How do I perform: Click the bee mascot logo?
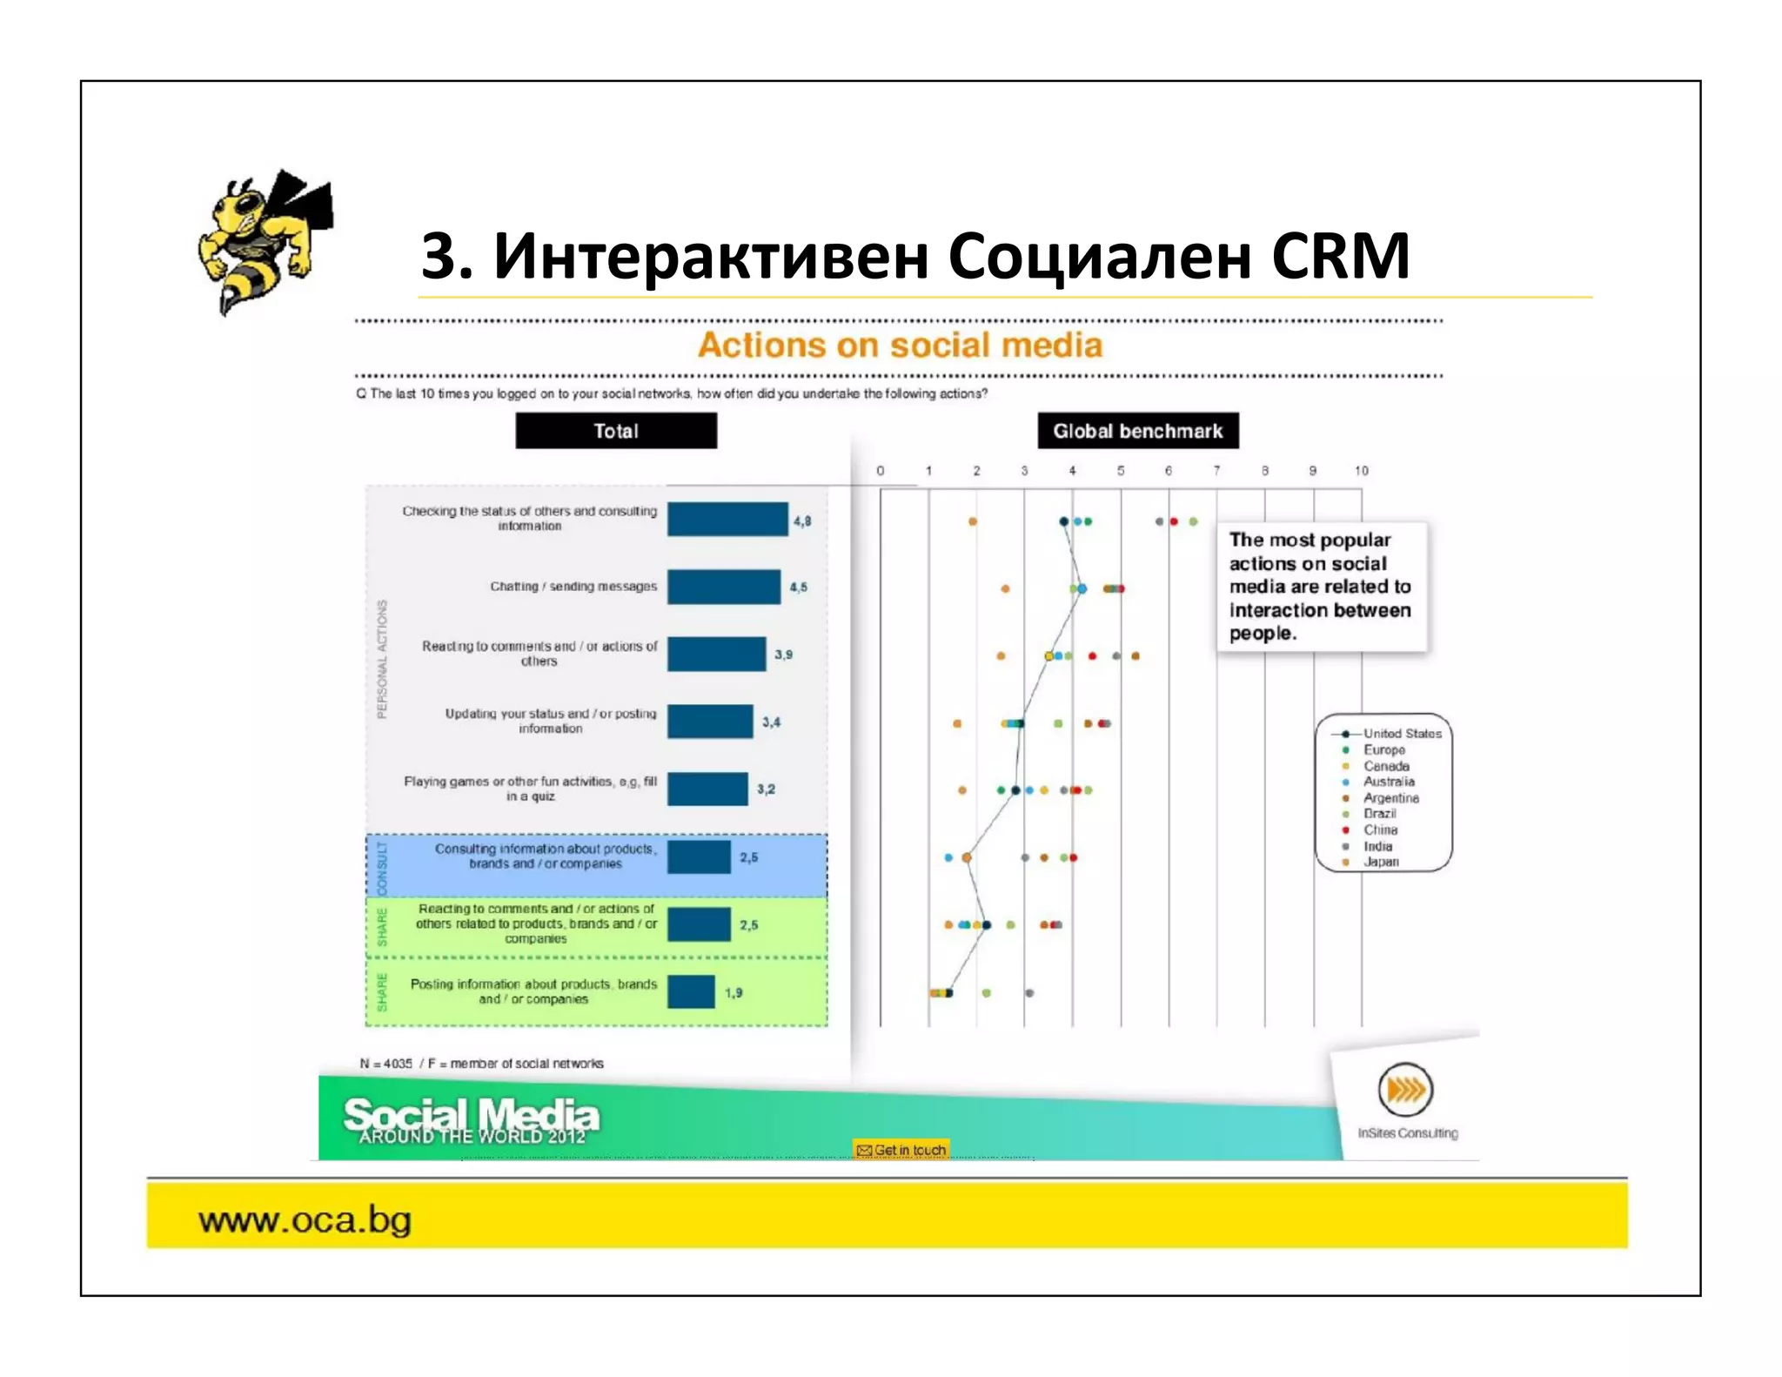coord(264,242)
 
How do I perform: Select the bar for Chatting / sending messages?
coord(723,587)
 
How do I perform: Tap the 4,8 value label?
coord(801,521)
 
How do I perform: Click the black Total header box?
coord(616,431)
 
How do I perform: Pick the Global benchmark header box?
coord(1137,431)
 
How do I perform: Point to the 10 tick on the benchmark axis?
coord(1361,471)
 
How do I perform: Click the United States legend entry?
coord(1401,734)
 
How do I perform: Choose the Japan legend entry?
coord(1380,862)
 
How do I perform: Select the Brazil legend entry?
coord(1379,814)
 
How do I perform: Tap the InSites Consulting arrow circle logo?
coord(1405,1090)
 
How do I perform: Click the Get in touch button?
coord(901,1150)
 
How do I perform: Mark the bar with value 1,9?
coord(691,992)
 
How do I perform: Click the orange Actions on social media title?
coord(900,346)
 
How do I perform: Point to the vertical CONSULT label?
coord(382,867)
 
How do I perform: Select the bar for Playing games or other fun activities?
coord(707,789)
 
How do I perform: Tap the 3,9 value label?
coord(783,655)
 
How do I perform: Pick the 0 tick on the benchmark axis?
coord(881,471)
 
